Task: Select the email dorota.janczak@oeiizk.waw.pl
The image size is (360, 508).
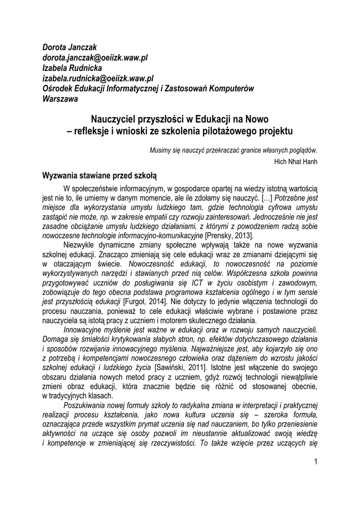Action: (94, 58)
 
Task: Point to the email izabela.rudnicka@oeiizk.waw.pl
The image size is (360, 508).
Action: (99, 78)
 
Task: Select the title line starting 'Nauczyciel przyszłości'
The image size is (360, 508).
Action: (180, 120)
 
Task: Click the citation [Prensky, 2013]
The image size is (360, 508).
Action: (232, 234)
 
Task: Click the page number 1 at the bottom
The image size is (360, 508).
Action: (315, 462)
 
